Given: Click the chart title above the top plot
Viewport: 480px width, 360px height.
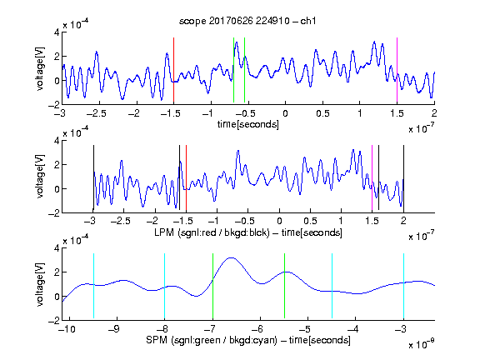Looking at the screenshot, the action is [x=247, y=21].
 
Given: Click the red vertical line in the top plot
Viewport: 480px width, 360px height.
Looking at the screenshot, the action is [x=173, y=70].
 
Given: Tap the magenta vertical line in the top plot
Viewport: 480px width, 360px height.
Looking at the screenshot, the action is [x=397, y=70].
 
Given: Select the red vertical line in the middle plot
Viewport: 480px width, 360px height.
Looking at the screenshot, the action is [x=186, y=178].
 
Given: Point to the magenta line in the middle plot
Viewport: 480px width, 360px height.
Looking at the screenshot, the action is [x=372, y=178].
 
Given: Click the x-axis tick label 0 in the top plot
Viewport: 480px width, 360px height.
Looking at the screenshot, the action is [x=285, y=113].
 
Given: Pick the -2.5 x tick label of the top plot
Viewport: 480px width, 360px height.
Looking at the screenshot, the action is [x=97, y=113].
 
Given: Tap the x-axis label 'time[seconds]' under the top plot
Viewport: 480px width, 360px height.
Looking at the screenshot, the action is [x=248, y=124].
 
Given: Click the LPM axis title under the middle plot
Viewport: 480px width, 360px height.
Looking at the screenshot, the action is [x=248, y=232].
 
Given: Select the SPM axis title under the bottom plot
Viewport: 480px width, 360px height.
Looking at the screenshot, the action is [x=248, y=340].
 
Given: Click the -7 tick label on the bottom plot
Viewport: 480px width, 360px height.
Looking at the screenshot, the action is [x=209, y=329].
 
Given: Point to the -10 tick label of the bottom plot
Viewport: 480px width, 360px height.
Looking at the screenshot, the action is [x=67, y=329].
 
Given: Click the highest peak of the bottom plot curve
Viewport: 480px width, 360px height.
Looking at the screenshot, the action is [x=231, y=258].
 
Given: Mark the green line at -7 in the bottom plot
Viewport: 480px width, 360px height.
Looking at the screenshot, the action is [x=212, y=286].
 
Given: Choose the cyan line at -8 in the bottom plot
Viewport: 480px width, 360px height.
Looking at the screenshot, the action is [x=164, y=286].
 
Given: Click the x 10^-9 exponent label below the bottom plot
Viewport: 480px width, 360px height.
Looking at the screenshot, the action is [x=422, y=344].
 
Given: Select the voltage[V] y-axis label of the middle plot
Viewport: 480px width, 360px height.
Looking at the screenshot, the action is [x=40, y=177].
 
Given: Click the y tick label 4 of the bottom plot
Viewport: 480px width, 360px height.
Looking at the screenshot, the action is [x=57, y=248].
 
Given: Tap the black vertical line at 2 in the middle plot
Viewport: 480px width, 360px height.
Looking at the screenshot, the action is [x=403, y=178].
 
